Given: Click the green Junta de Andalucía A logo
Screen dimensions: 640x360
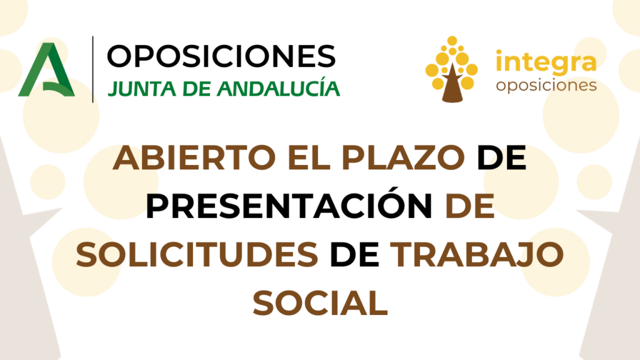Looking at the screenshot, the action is (x=46, y=69).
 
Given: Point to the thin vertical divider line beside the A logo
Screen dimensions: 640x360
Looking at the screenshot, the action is (x=92, y=69).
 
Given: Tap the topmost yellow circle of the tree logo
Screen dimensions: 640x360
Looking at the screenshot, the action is (x=452, y=41).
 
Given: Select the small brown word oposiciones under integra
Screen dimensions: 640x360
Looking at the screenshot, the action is (x=546, y=86).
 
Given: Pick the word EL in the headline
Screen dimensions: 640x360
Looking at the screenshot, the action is (x=309, y=157).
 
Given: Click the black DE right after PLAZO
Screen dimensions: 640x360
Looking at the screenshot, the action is (x=502, y=157).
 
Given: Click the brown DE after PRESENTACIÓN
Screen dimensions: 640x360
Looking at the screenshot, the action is (x=470, y=206).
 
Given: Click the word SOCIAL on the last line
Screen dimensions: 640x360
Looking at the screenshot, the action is (x=321, y=303).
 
